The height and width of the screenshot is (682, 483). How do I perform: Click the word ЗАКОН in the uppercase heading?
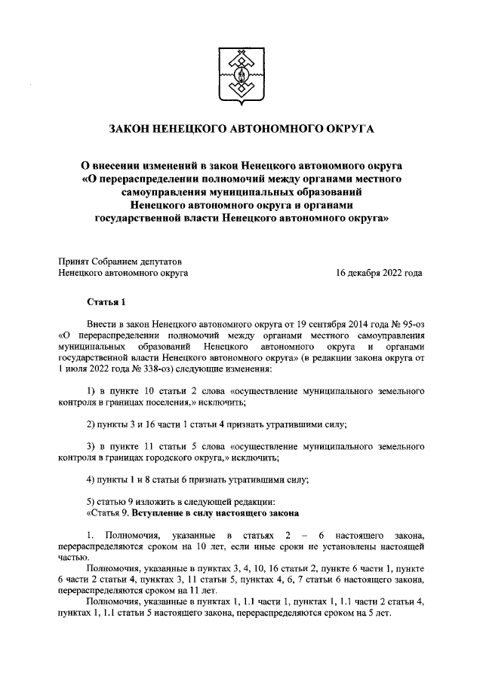[x=132, y=130]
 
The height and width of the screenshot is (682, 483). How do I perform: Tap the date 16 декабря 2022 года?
[x=378, y=274]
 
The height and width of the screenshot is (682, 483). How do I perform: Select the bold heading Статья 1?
[x=105, y=303]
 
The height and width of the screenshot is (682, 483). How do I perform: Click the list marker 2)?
[x=91, y=424]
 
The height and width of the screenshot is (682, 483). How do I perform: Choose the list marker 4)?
[x=91, y=479]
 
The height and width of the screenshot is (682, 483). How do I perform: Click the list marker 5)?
[x=91, y=501]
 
